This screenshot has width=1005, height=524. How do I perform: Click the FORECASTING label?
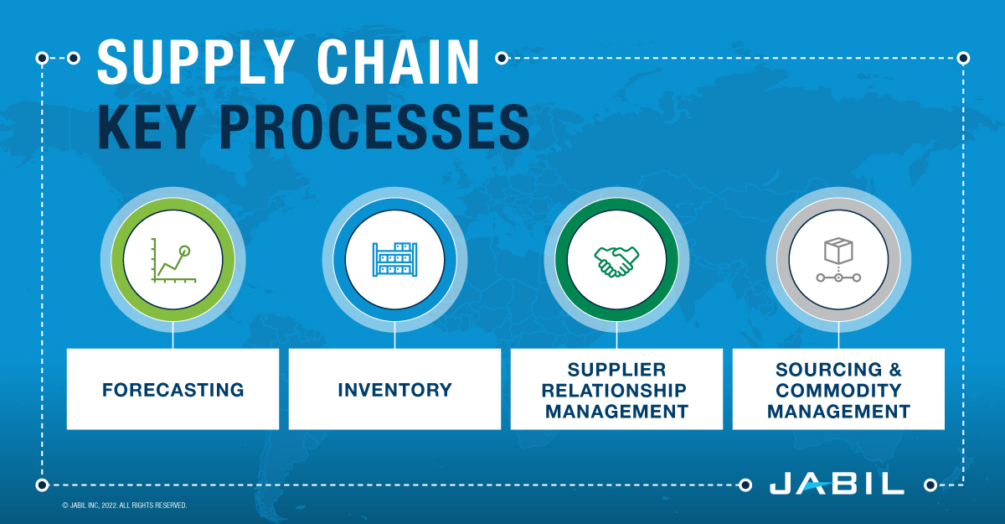(173, 390)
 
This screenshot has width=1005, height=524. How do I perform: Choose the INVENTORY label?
(394, 390)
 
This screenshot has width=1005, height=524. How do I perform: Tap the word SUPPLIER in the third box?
(616, 369)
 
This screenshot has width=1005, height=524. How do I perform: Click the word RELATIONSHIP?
(616, 390)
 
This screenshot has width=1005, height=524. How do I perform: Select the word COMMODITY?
(838, 390)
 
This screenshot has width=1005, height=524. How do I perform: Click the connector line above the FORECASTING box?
(173, 336)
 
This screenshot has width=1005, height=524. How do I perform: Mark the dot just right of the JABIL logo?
(929, 485)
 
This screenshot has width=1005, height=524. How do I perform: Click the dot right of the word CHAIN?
(502, 58)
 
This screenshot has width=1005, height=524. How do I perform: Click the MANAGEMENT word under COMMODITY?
(838, 411)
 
